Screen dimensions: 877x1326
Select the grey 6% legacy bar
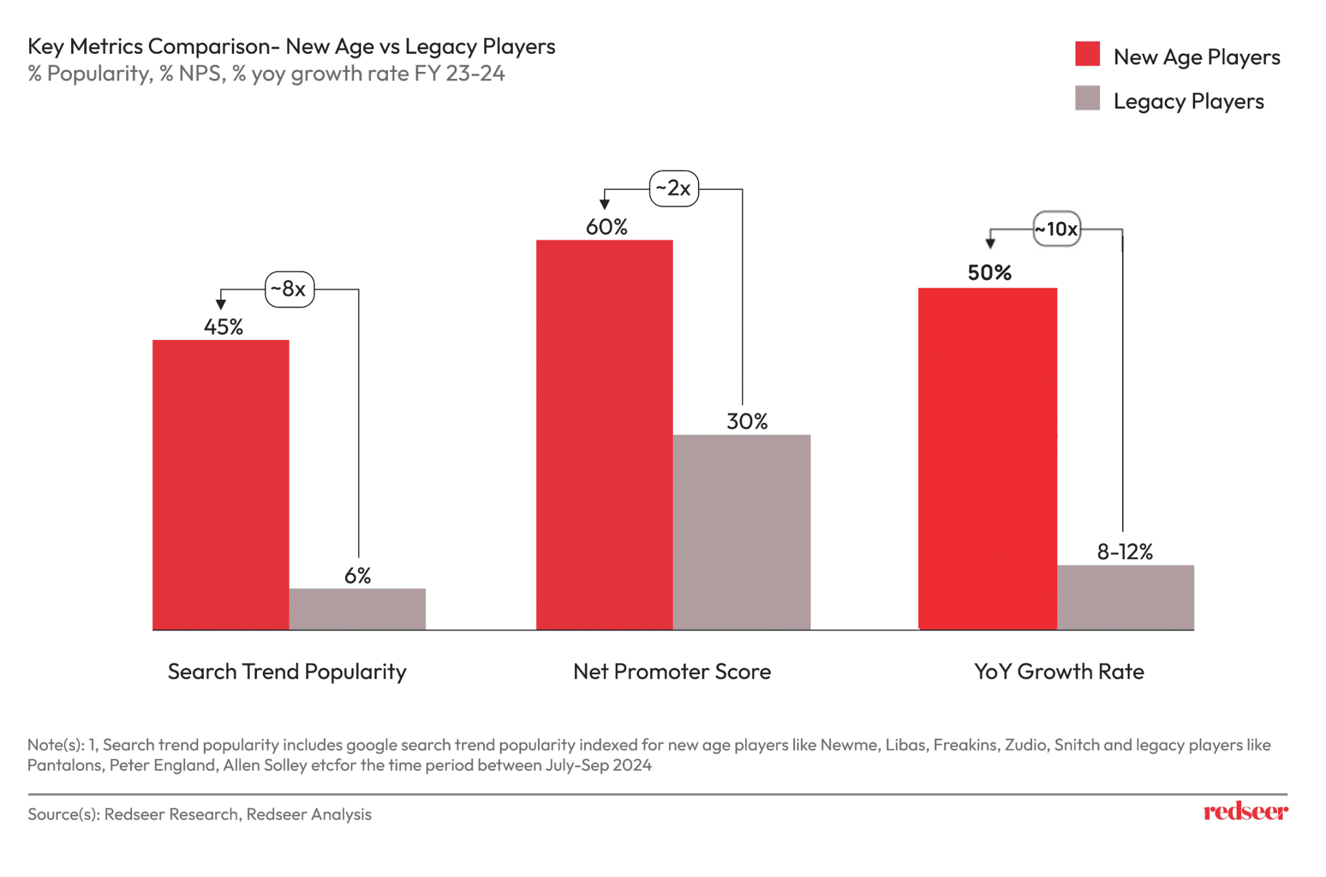tap(357, 608)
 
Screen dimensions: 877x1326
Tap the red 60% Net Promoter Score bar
tap(604, 434)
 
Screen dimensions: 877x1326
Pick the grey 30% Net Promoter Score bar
tap(741, 531)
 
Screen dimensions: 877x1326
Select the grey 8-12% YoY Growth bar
tap(1125, 597)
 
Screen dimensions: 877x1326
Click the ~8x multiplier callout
tap(289, 289)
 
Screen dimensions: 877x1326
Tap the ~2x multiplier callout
tap(673, 188)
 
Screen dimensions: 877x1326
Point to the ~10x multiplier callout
tap(1057, 229)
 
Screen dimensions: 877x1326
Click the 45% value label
tap(223, 326)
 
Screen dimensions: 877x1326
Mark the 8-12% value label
tap(1125, 552)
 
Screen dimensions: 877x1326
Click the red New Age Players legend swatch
tap(1087, 54)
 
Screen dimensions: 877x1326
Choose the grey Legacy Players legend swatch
tap(1087, 98)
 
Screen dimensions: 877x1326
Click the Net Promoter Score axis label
tap(672, 672)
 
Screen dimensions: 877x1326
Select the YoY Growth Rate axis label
tap(1059, 672)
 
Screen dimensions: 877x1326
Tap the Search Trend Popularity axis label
tap(287, 672)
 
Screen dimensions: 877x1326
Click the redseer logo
tap(1245, 812)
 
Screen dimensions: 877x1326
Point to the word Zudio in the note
tap(1026, 745)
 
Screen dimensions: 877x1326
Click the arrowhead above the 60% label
tap(604, 204)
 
